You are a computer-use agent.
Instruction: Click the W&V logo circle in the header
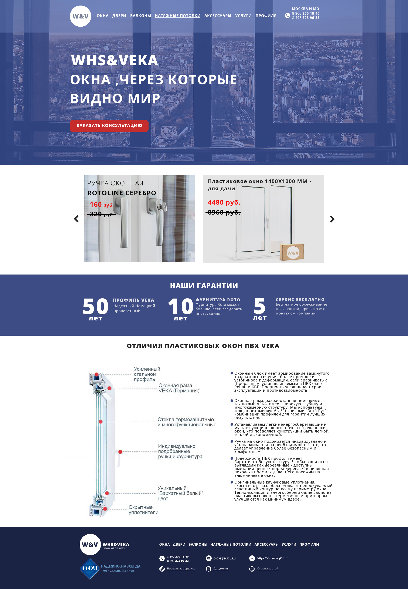point(81,16)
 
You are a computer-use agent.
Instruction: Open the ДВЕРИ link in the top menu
point(119,16)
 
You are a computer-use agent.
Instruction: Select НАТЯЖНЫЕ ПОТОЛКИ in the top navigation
point(177,16)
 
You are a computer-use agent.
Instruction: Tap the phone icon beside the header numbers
point(288,15)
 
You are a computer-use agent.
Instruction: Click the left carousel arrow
point(76,219)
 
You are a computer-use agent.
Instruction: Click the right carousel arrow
point(332,219)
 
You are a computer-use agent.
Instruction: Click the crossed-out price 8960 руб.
point(224,212)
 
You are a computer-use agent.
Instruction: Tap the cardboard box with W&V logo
point(292,252)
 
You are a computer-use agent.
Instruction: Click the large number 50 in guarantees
point(95,306)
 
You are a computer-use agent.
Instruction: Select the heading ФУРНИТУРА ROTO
point(218,300)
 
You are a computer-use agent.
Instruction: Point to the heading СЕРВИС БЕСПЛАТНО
point(300,299)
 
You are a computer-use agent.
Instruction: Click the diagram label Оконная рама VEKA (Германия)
point(179,388)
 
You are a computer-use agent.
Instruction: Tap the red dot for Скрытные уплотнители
point(105,509)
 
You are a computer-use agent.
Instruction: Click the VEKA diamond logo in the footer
point(90,569)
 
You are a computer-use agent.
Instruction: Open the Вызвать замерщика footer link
point(181,569)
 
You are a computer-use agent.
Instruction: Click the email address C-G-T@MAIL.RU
point(224,558)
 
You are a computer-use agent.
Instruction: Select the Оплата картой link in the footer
point(268,569)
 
